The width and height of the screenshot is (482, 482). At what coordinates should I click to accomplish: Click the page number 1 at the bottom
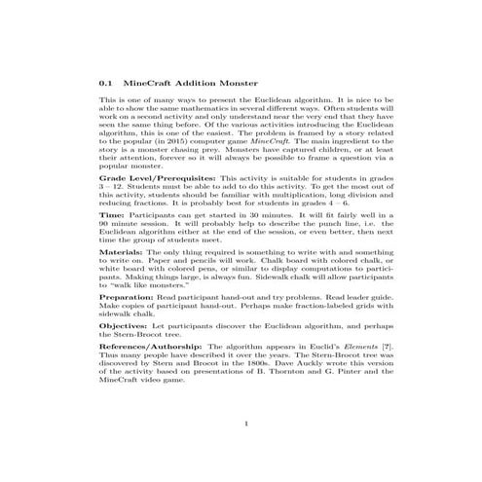246,424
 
